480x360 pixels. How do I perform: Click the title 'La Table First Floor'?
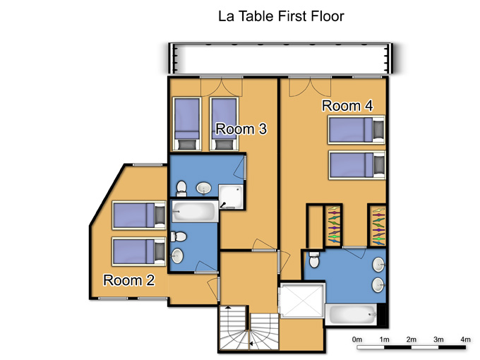click(281, 16)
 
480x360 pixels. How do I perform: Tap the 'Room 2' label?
click(129, 280)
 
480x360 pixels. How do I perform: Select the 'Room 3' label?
click(241, 129)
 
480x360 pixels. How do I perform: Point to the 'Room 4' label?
click(347, 106)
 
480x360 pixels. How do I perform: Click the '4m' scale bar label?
click(465, 340)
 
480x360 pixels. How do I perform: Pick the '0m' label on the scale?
click(357, 340)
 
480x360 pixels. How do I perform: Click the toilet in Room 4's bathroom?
click(314, 259)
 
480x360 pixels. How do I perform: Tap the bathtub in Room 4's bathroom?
click(351, 314)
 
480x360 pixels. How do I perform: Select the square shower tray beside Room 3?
click(231, 197)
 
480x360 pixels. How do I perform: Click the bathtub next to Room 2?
click(195, 211)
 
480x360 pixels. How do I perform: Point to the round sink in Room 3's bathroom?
click(203, 188)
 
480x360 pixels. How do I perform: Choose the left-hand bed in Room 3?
click(187, 124)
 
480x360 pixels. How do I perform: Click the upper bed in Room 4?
click(356, 129)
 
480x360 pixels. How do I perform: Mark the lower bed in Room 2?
click(139, 251)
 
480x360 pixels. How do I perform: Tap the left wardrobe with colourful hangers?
click(334, 226)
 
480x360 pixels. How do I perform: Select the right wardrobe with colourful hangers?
click(378, 226)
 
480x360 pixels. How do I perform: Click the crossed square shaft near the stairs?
click(302, 300)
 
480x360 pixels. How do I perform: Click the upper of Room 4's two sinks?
click(378, 265)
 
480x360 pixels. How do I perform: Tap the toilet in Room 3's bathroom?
click(181, 188)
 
